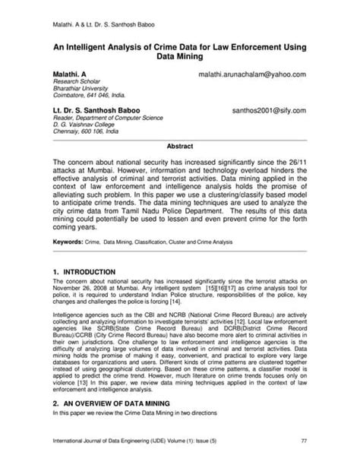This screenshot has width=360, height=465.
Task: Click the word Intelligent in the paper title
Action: pos(95,46)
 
